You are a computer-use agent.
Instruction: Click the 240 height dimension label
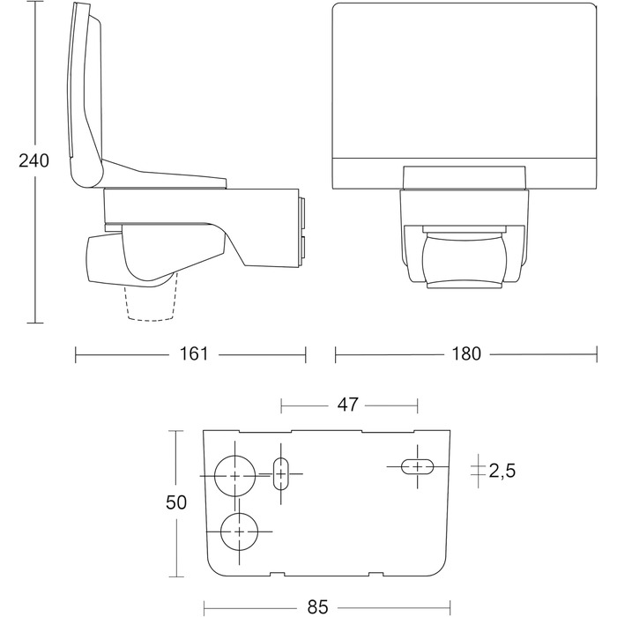coord(33,161)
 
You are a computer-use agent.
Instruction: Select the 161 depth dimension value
coord(194,353)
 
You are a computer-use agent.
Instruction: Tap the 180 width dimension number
coord(466,353)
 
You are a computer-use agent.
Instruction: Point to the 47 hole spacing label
coord(348,405)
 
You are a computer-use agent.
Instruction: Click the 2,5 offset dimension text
coord(502,471)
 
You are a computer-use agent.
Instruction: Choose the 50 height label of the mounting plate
coord(176,502)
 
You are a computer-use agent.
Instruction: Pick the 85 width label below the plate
coord(318,607)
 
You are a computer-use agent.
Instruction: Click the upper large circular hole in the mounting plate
coord(235,476)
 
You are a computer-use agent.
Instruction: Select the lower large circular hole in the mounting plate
coord(239,532)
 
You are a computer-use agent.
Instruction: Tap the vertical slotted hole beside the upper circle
coord(280,474)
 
